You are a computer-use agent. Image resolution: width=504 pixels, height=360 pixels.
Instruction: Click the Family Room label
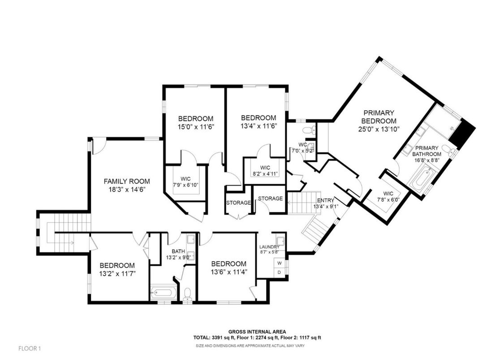coord(127,181)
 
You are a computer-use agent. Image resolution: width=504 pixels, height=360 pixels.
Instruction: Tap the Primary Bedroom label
coord(379,117)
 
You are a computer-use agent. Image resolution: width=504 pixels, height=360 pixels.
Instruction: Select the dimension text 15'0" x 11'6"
coord(196,127)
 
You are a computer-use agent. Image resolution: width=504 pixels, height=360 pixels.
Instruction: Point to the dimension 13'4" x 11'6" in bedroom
coord(258,126)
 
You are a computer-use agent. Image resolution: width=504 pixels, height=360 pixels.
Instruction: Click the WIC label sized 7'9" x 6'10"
coord(185,178)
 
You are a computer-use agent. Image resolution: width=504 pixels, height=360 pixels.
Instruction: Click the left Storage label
coord(238,203)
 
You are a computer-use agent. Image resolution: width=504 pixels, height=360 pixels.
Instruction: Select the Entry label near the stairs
coord(325,200)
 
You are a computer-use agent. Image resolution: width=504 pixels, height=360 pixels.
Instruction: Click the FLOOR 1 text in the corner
coord(30,348)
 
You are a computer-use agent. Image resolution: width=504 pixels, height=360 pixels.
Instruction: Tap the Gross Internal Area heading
coord(258,332)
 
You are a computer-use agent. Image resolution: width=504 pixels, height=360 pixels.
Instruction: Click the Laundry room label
coord(269,247)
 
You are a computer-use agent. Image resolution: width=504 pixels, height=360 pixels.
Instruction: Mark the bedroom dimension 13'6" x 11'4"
coord(228,272)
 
